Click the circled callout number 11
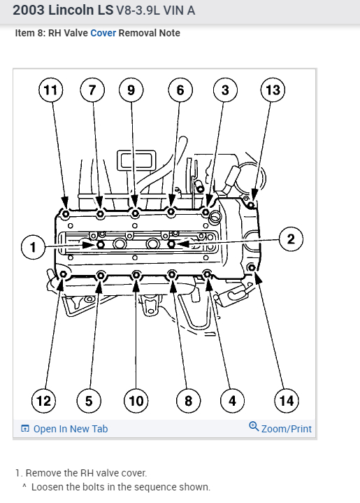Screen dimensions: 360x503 (50, 90)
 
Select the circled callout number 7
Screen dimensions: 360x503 (92, 90)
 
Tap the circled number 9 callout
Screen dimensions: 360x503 (131, 90)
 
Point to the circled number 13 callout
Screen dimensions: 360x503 (273, 90)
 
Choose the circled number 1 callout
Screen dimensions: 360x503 (33, 247)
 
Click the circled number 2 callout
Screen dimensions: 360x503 (291, 239)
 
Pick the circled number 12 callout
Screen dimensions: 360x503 (43, 401)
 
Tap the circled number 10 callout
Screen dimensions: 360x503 (136, 401)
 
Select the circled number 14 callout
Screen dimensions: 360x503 (287, 401)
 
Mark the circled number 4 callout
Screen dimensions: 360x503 (232, 401)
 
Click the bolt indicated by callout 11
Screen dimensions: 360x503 (66, 213)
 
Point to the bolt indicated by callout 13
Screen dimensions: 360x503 (252, 204)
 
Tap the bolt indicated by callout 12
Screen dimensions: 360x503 (63, 274)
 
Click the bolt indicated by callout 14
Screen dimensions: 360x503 (252, 267)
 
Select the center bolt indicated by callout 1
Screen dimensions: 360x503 (101, 245)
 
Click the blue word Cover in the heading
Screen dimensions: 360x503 (103, 33)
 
